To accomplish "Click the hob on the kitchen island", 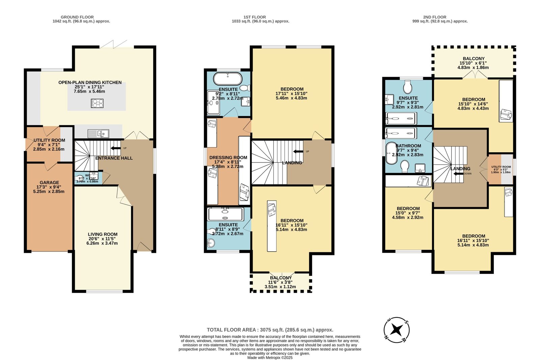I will [x=97, y=103].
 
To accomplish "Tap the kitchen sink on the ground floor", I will [x=98, y=134].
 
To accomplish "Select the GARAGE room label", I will [x=49, y=182].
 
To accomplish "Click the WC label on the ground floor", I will [x=88, y=175].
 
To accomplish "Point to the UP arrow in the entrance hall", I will [x=116, y=148].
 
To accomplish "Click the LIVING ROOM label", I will [x=103, y=234].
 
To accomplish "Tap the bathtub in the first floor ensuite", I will [x=228, y=79].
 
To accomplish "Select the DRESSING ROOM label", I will [x=228, y=157].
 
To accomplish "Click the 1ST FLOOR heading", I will [x=254, y=17].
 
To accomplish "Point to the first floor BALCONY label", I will [x=280, y=278].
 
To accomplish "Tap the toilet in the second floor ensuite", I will [x=408, y=86].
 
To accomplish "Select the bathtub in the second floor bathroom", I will [x=391, y=153].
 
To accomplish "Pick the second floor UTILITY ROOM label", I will [x=501, y=167].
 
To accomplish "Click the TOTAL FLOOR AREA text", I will [x=270, y=330].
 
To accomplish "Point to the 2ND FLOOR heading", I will [x=434, y=17].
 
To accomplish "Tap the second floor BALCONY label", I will [x=474, y=58].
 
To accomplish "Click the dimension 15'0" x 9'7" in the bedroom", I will [x=408, y=213].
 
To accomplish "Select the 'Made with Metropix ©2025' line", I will [x=270, y=357].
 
